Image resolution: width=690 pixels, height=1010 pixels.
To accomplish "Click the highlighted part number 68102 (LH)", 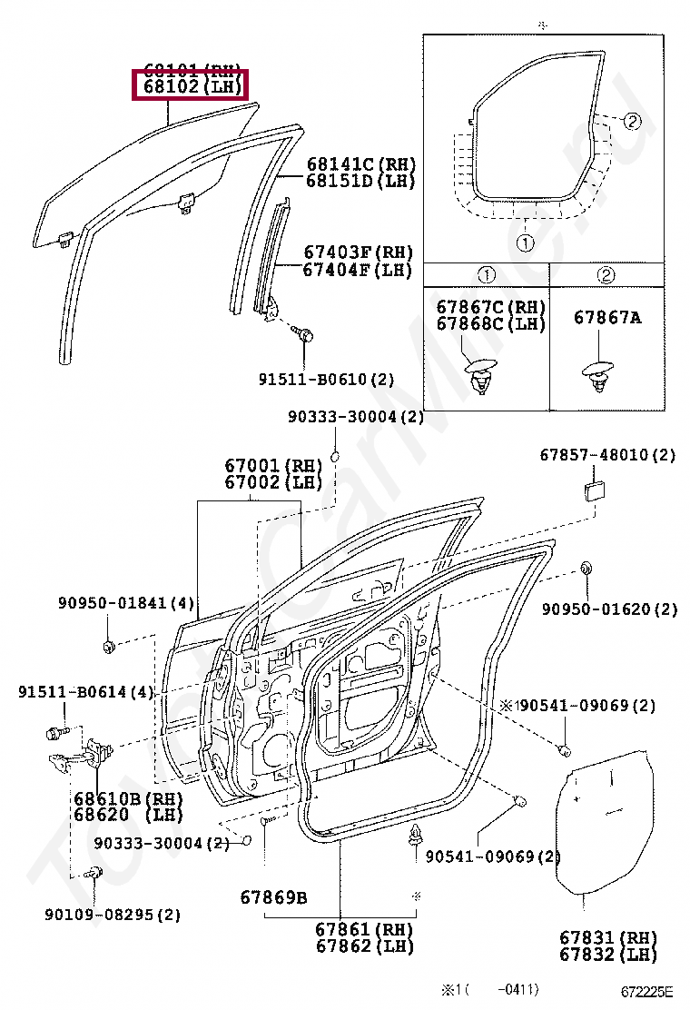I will point(190,88).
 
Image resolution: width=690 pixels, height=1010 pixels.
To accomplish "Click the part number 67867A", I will point(607,317).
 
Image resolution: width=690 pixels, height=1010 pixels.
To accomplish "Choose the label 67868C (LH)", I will point(491,323).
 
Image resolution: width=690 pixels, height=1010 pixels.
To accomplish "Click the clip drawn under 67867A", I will point(598,374).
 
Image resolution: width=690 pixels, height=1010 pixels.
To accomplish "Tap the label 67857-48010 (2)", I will point(607,455).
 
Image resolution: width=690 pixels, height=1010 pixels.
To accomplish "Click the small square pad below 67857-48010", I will point(596,491).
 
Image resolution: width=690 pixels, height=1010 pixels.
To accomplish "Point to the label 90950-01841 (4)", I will point(126,602).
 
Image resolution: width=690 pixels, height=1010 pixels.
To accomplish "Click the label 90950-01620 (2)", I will point(609,609).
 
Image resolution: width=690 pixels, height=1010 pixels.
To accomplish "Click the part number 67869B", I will point(273,898).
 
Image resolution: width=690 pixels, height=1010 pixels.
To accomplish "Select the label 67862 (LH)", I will point(364,946).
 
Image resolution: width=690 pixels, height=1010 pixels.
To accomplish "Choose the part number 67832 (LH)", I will point(607,954).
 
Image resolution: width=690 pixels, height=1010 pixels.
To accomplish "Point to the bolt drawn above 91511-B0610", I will point(306,335).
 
